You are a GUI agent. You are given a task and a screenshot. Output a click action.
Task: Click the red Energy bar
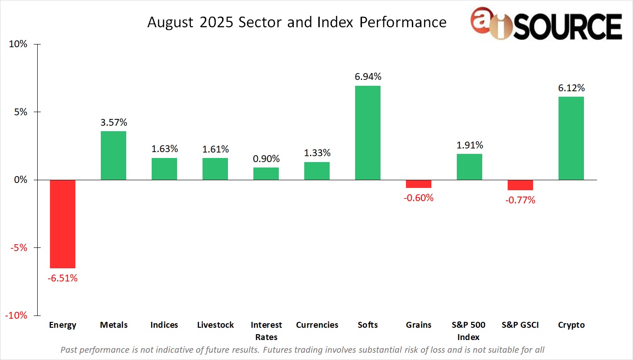(x=63, y=224)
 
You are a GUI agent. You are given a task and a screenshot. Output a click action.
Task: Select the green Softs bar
(x=368, y=133)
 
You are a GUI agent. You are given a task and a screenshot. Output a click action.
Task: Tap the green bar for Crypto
(x=571, y=138)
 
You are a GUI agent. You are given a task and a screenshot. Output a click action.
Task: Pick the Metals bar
(x=114, y=155)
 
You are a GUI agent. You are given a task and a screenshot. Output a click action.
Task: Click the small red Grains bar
(x=419, y=184)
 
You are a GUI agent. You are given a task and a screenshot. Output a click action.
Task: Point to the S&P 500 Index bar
(x=470, y=167)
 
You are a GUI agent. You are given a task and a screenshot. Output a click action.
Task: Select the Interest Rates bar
(x=266, y=173)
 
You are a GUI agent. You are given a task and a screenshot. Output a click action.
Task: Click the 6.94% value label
(x=368, y=76)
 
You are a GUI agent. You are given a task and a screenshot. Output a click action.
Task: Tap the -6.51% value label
(x=63, y=278)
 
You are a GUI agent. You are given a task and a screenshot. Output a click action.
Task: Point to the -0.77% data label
(x=520, y=200)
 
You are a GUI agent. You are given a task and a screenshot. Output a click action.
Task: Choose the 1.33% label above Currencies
(x=317, y=153)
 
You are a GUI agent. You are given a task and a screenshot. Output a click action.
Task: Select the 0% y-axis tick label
(x=21, y=180)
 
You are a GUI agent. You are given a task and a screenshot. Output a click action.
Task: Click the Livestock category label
(x=215, y=325)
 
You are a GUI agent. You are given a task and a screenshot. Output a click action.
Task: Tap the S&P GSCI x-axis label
(x=520, y=325)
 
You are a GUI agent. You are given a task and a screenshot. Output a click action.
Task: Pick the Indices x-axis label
(x=164, y=325)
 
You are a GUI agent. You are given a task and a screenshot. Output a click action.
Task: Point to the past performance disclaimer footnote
(x=302, y=350)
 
